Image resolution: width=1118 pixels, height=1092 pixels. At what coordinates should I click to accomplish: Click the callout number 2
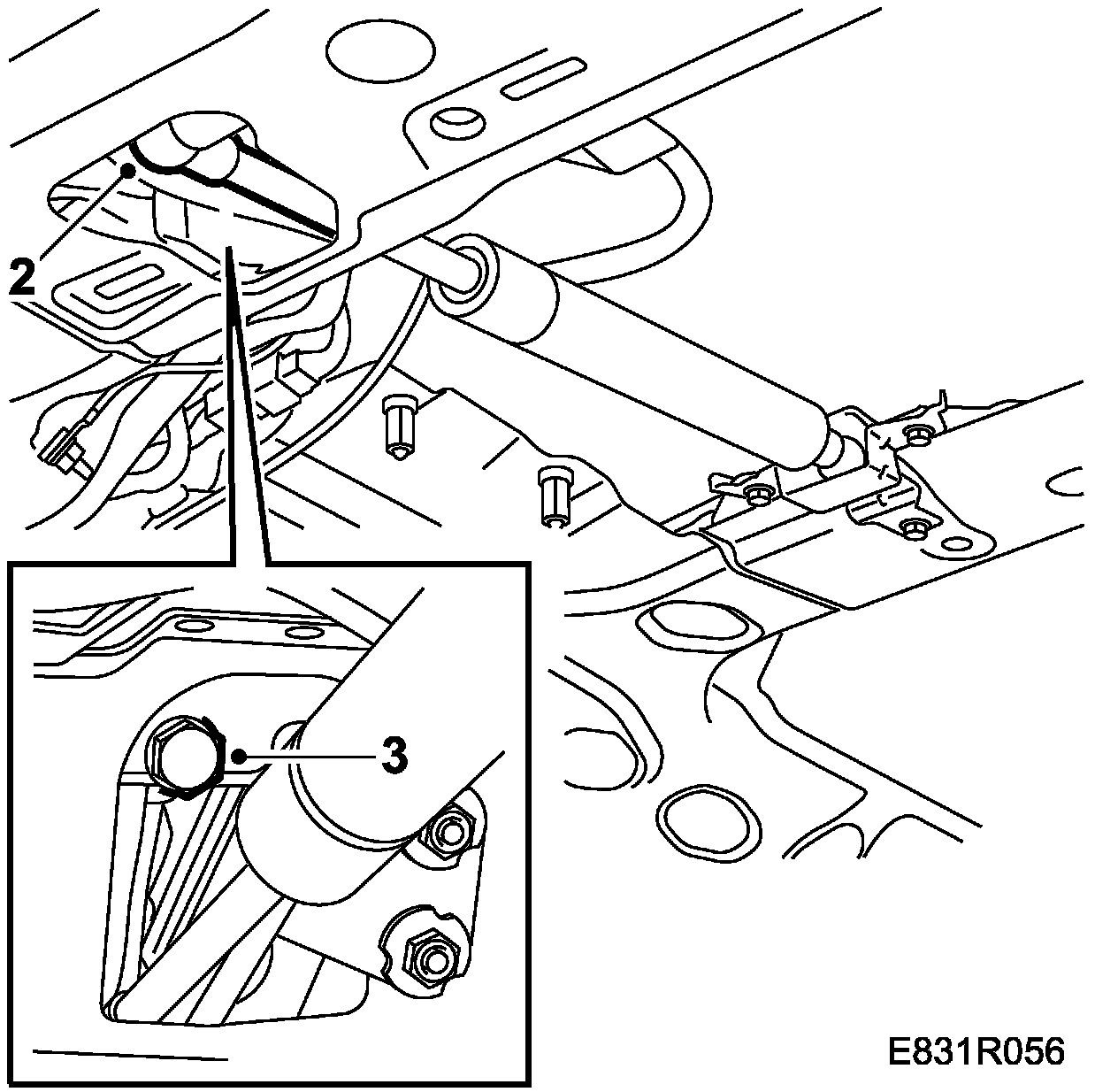[23, 277]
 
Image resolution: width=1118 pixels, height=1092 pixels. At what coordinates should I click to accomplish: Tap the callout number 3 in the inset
[394, 754]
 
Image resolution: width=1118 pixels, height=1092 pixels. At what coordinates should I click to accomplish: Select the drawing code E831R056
[976, 1052]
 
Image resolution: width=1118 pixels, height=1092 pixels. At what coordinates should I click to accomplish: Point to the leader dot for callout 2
[130, 172]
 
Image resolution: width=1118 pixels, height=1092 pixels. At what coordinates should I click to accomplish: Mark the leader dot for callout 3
[239, 755]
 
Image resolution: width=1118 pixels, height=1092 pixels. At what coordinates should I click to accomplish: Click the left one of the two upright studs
[397, 427]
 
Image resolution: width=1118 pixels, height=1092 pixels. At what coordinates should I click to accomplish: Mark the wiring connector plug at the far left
[63, 449]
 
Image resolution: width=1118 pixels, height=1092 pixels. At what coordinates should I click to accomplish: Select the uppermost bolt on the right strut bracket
[920, 434]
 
